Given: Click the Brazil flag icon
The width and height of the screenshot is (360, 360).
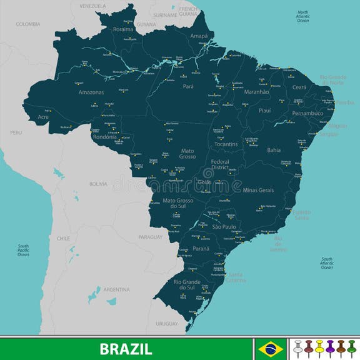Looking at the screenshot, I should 270,347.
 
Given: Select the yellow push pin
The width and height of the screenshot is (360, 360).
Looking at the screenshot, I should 319,346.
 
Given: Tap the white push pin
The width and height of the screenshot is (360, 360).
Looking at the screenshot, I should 298,346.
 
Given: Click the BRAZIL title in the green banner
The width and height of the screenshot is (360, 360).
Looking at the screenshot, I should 126,348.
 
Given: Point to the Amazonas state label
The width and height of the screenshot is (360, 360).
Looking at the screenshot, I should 91,92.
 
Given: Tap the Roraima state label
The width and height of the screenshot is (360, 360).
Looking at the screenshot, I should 124,29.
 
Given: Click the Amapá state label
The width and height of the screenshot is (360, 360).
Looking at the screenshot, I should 198,36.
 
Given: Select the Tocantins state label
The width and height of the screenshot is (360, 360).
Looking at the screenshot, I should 225,144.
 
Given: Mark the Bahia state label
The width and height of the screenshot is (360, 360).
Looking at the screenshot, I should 274,150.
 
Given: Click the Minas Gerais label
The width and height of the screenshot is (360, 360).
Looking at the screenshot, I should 258,189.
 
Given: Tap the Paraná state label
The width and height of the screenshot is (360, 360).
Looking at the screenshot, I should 201,249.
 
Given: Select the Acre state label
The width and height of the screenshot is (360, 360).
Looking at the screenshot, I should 43,117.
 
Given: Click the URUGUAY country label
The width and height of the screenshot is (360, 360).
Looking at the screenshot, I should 167,323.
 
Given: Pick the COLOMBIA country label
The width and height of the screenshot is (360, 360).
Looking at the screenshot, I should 28,24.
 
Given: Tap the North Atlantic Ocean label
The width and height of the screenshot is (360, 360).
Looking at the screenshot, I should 302,16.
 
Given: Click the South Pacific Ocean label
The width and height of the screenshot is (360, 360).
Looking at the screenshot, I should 23,250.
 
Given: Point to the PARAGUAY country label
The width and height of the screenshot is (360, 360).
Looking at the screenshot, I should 150,237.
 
